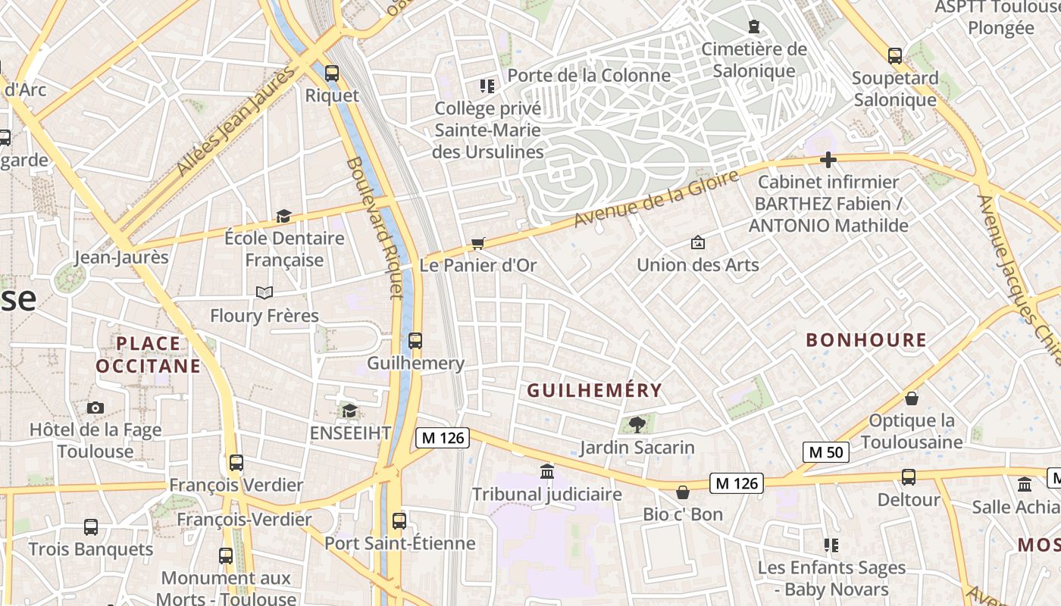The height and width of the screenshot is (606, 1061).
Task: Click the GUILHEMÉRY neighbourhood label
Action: click(594, 391)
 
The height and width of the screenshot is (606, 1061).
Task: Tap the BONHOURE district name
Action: click(866, 340)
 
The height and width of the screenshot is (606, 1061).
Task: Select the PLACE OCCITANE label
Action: click(149, 355)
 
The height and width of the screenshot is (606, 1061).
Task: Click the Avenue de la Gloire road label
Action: click(656, 199)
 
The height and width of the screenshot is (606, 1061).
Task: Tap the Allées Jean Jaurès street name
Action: click(234, 122)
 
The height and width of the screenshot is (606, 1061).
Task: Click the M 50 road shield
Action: click(825, 452)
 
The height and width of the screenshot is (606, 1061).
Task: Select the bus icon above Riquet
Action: click(332, 73)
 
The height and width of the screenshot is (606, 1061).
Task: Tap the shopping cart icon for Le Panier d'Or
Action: click(477, 243)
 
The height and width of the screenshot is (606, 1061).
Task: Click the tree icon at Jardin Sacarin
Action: click(637, 425)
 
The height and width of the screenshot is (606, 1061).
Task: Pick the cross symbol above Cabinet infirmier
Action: click(828, 160)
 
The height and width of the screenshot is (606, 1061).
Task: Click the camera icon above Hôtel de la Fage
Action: click(95, 408)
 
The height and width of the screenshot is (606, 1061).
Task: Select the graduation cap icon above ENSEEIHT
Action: click(349, 411)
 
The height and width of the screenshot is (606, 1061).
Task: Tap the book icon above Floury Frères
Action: click(264, 292)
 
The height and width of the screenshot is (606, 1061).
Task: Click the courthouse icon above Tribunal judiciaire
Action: click(546, 472)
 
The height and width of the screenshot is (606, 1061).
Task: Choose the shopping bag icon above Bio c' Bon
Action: click(683, 492)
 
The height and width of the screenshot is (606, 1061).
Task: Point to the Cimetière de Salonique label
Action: click(753, 60)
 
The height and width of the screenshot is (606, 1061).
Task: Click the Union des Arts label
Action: click(697, 264)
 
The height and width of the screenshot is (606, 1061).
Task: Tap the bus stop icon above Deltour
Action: click(908, 477)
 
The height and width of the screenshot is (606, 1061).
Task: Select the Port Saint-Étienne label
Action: click(399, 543)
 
